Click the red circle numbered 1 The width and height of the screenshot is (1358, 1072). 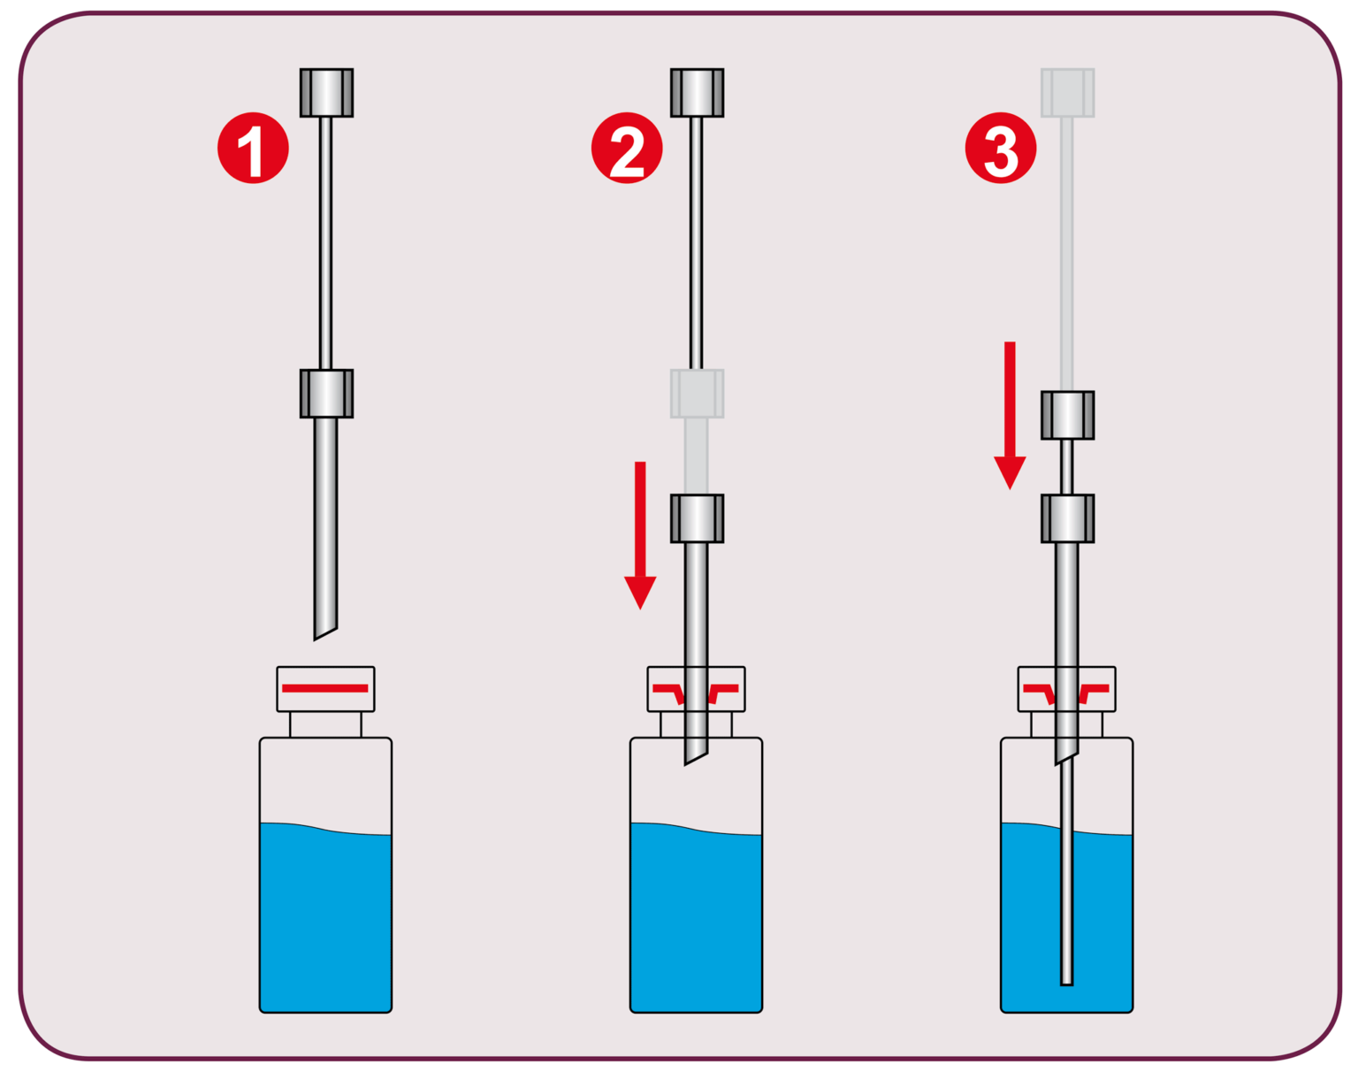tap(253, 148)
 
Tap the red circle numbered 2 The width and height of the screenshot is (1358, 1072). tap(627, 148)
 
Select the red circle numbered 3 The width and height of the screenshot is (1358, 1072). tap(1000, 148)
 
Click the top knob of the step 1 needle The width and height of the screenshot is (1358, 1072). tap(326, 93)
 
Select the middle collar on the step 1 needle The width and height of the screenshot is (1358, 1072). tap(326, 394)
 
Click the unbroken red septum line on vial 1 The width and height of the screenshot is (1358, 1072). tap(324, 688)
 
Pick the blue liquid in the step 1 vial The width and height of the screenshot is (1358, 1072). tap(325, 920)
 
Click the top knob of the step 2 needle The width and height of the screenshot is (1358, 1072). tap(697, 93)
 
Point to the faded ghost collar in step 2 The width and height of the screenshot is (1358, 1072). tap(697, 394)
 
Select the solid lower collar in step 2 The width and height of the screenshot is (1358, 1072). tap(697, 518)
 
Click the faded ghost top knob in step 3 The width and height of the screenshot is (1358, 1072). tap(1067, 93)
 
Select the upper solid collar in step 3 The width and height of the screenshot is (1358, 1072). tap(1067, 415)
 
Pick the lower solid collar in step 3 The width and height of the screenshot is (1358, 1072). tap(1067, 518)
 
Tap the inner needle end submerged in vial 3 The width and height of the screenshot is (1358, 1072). tap(1066, 977)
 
